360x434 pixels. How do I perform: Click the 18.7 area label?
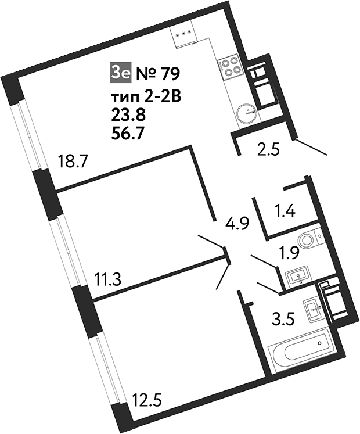[x=73, y=162]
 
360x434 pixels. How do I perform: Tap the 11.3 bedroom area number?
[x=107, y=279]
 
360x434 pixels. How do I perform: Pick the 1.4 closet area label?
[x=286, y=210]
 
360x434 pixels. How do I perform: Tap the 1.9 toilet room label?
[x=290, y=253]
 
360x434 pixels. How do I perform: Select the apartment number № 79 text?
[x=159, y=74]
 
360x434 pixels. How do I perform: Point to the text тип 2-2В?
[x=146, y=97]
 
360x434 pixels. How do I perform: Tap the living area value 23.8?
[x=128, y=115]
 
